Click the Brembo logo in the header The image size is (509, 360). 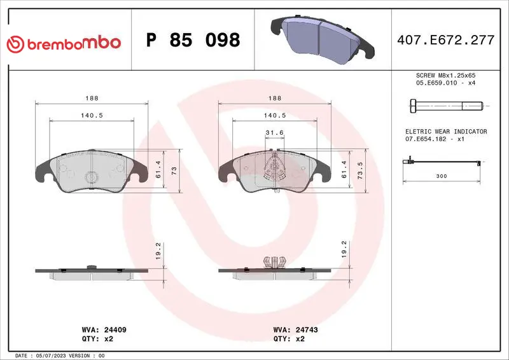coord(64,44)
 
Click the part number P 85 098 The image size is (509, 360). coord(193,40)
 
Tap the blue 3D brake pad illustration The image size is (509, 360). coord(323,39)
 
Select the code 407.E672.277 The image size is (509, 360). coord(446,40)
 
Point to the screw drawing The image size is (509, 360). coord(447,106)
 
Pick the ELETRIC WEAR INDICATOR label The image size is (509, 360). coord(446,132)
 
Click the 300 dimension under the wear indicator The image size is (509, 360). coord(442,176)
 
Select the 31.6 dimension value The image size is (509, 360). coord(275,132)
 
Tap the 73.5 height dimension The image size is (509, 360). coord(360,170)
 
